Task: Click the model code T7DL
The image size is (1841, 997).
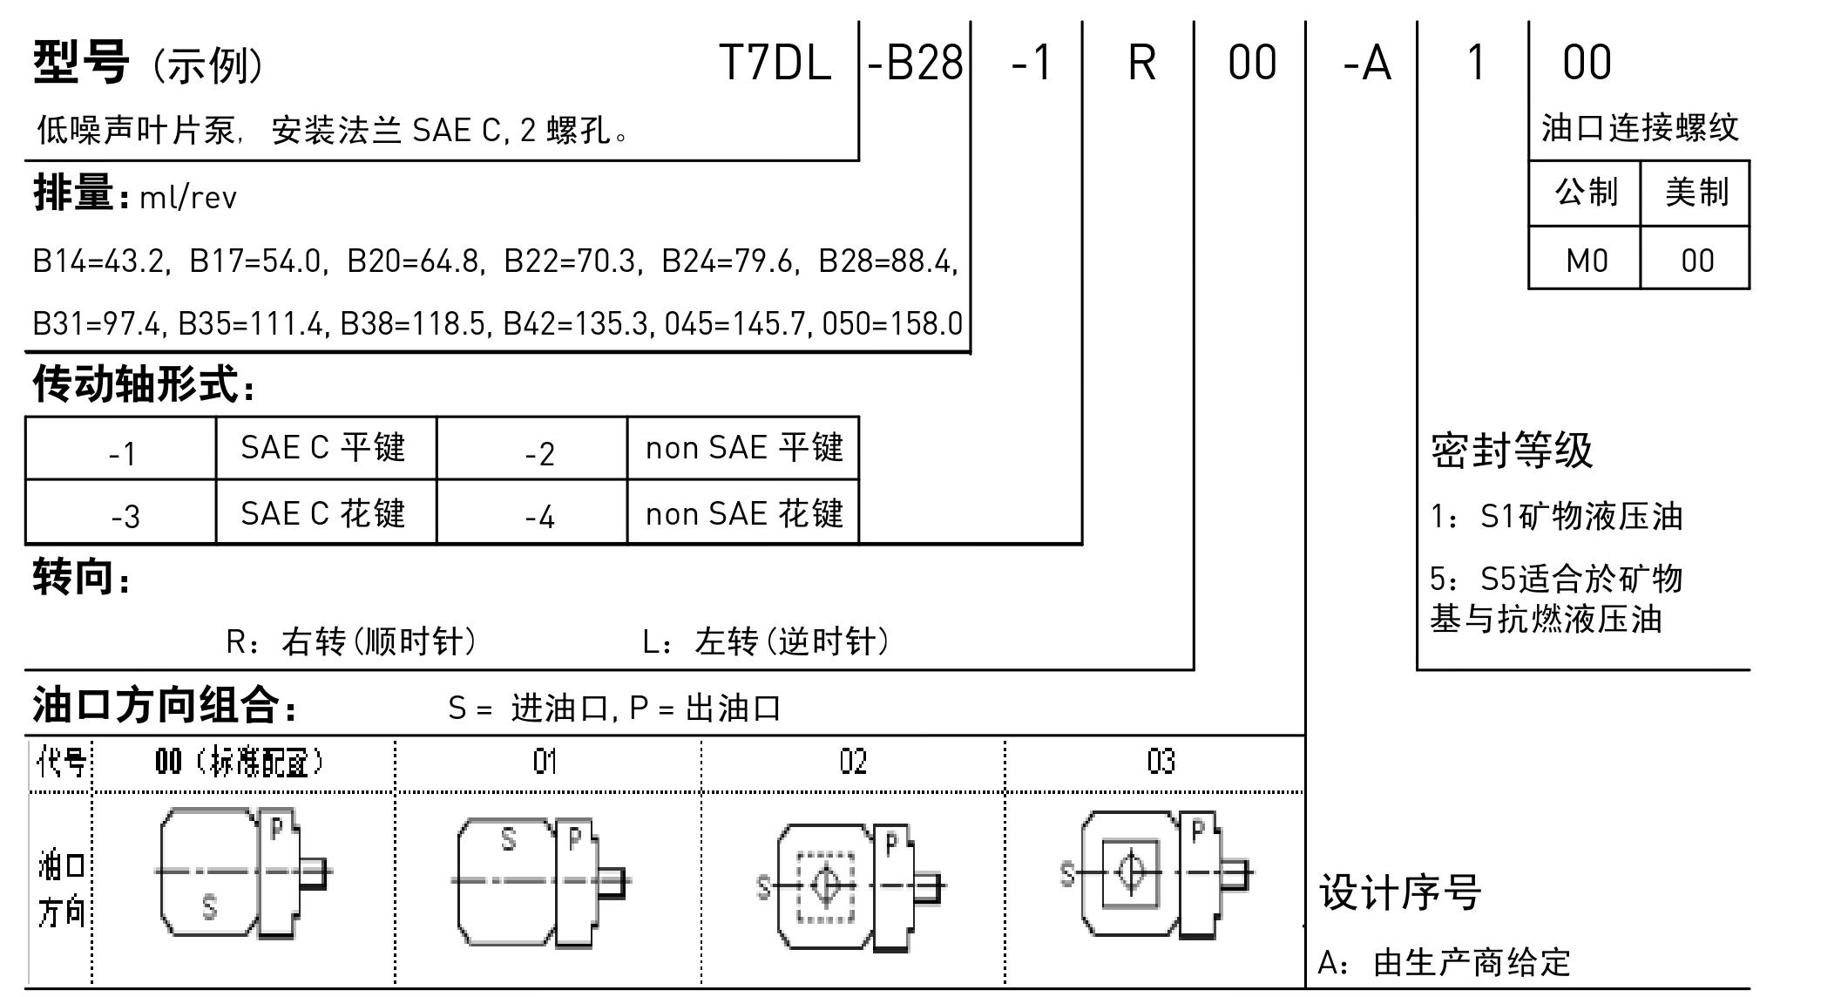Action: click(x=775, y=63)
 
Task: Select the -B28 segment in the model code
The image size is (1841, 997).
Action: click(x=915, y=63)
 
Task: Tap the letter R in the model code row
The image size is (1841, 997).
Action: click(x=1141, y=63)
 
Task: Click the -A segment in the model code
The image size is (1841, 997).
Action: click(x=1367, y=63)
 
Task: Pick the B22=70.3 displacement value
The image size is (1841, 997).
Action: click(x=570, y=261)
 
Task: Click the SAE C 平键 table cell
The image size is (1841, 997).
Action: click(x=323, y=448)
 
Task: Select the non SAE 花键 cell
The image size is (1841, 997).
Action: click(x=744, y=513)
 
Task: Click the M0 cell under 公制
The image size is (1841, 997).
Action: click(x=1586, y=260)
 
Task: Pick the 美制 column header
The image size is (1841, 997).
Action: click(x=1695, y=192)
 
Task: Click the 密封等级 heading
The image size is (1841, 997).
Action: click(x=1512, y=451)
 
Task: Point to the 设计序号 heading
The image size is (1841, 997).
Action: click(x=1399, y=892)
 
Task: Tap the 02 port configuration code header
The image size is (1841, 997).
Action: click(x=853, y=762)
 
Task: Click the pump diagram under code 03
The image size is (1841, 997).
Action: click(x=1155, y=874)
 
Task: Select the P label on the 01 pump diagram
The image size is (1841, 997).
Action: click(x=574, y=838)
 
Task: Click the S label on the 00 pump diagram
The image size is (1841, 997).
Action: click(x=209, y=907)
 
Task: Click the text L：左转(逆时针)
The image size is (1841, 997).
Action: click(x=766, y=641)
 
